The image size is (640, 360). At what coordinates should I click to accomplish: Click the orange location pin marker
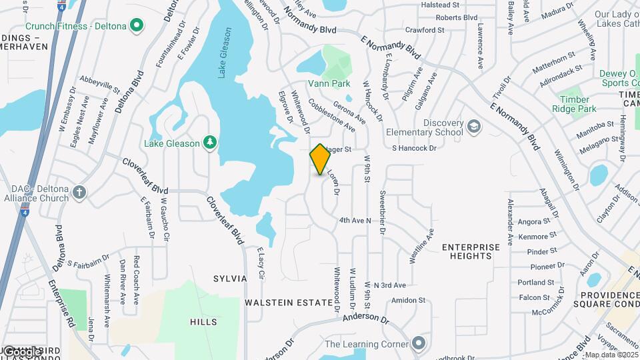point(320,159)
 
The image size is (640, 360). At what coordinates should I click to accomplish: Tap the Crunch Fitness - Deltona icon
point(137,25)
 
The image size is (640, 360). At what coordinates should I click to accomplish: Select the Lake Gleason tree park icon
point(210,142)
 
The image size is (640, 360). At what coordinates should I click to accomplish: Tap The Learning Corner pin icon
point(418,343)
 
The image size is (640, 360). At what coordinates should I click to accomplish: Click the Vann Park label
point(329,84)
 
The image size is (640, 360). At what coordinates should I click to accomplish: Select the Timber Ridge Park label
point(577,104)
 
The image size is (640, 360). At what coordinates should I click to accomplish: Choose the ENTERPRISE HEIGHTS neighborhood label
point(471,251)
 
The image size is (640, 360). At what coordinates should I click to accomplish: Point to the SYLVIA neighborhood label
point(230,278)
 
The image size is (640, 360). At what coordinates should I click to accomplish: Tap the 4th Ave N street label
point(355,220)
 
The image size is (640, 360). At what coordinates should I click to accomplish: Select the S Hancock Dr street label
point(413,148)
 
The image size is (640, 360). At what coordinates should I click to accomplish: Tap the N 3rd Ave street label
point(390,285)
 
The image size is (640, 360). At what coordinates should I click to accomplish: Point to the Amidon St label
point(408,301)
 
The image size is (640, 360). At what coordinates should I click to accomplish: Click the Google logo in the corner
point(21,351)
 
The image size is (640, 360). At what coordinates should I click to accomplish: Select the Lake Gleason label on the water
point(225,53)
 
